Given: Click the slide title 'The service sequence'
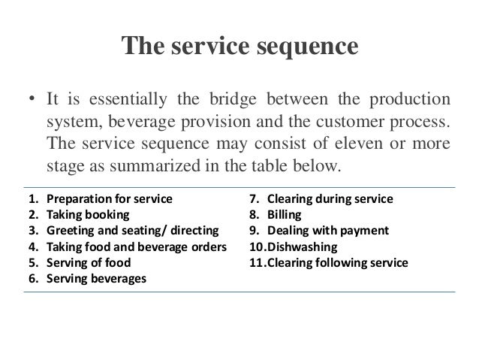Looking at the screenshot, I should (239, 48).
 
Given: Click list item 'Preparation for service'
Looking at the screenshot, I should (109, 200).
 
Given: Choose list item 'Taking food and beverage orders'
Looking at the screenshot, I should (136, 247).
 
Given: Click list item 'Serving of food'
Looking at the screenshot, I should (88, 263).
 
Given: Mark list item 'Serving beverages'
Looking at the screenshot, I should (96, 279).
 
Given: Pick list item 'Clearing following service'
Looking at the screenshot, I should (337, 263).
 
